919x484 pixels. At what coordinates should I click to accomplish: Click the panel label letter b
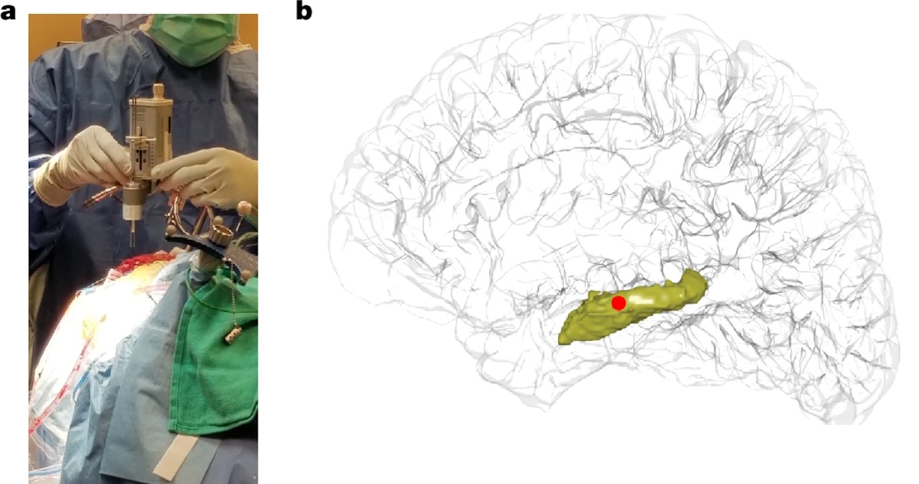(304, 11)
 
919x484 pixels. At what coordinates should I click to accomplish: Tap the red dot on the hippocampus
(618, 303)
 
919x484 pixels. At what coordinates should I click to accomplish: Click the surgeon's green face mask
(192, 38)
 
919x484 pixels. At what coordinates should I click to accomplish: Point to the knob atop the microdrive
(158, 89)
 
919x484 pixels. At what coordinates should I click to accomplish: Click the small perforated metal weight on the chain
(231, 335)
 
